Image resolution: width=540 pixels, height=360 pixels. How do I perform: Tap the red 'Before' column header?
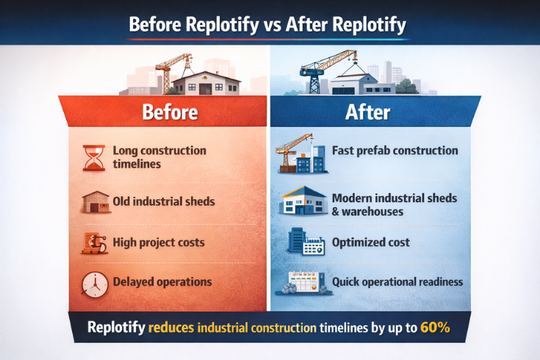(x=170, y=112)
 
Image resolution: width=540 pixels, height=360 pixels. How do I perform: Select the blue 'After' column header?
(x=368, y=112)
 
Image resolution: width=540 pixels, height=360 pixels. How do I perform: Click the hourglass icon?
(x=93, y=156)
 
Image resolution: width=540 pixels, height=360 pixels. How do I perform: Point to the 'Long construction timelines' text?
(x=159, y=156)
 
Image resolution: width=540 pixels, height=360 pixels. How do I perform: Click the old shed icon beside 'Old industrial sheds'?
(x=94, y=202)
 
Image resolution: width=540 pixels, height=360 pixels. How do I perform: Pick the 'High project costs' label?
(x=158, y=242)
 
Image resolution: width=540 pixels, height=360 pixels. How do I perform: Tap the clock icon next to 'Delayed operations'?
(x=94, y=283)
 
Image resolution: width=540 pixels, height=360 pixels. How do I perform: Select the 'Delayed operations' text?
(x=162, y=282)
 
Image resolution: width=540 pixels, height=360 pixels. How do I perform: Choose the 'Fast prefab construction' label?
(x=395, y=151)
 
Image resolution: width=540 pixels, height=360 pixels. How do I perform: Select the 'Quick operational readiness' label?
(x=397, y=282)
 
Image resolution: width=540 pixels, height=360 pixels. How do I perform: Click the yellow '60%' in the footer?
(x=435, y=328)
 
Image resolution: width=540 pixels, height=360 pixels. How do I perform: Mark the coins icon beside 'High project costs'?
(x=94, y=243)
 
